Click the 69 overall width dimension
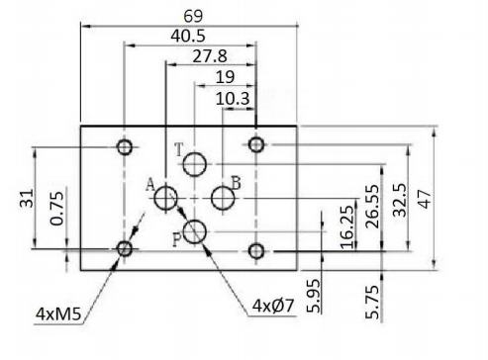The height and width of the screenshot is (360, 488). pos(193,16)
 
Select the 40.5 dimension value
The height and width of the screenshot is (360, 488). pos(188,36)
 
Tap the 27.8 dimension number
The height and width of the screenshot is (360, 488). pos(210,56)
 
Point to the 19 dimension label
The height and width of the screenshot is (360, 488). pos(225,77)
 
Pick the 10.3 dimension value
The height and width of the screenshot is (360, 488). pos(233,99)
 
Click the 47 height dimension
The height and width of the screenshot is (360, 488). pos(425,199)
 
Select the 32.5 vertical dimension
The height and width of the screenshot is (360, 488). pos(400,200)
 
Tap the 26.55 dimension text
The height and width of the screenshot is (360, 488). pos(373,207)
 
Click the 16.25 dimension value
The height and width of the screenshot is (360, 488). pos(347,227)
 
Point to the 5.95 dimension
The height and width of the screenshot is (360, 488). pos(314,296)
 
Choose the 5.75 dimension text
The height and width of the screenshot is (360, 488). pos(372,302)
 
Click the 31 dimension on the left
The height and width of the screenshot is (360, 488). pos(27,198)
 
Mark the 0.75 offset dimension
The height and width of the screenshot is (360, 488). pos(56,209)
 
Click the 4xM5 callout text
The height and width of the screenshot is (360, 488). pos(58,314)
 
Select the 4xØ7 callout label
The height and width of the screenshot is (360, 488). pos(272,306)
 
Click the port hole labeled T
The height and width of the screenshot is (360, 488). pos(195,164)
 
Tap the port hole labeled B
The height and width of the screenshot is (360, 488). pos(223,198)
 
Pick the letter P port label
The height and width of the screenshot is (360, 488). pos(177,239)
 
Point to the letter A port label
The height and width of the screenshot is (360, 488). pos(150,185)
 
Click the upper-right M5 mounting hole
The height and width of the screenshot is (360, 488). pos(256,144)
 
